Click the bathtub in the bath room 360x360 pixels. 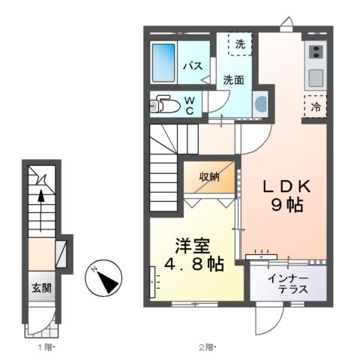[163, 64]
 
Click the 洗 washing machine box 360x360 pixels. [240, 44]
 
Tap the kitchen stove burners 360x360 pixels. [314, 52]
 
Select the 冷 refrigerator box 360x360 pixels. [315, 106]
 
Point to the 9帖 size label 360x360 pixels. [285, 204]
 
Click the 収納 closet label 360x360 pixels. [209, 177]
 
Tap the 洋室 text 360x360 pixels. [192, 245]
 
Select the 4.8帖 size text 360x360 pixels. [192, 265]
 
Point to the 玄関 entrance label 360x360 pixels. [40, 286]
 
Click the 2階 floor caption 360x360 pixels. [206, 347]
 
